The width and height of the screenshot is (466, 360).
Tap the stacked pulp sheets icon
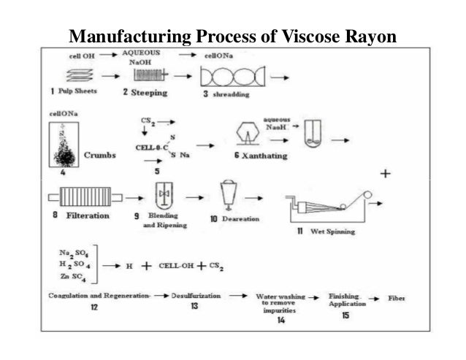(x=69, y=74)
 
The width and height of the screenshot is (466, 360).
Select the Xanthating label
(x=261, y=156)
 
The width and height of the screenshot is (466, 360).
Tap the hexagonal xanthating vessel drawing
(x=250, y=134)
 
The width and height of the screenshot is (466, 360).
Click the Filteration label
(x=85, y=215)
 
